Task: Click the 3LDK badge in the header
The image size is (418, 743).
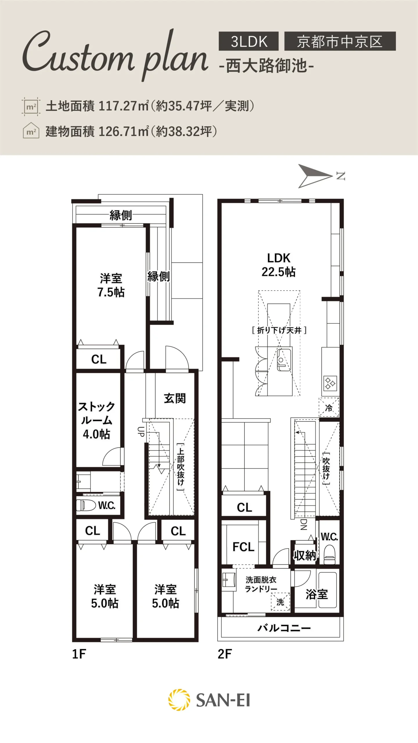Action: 248,41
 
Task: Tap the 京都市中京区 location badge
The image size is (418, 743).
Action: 340,41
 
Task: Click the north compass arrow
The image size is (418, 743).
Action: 315,176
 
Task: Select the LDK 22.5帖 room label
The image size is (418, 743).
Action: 279,265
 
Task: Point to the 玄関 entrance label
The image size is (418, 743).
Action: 175,398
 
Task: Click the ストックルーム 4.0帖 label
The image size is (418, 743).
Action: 96,420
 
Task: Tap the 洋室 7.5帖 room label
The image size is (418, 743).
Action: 111,285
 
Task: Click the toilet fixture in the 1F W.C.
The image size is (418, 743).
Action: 86,505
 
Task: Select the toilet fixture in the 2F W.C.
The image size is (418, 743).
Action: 329,554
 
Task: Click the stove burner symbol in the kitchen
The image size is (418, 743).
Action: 330,383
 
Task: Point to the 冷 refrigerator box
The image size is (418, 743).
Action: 329,407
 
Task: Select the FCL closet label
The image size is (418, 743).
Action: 243,547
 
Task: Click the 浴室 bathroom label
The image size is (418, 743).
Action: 317,594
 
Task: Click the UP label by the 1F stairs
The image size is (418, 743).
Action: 141,432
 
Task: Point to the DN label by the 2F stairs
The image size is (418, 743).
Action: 303,524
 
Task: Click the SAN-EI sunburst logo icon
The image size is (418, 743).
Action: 179,700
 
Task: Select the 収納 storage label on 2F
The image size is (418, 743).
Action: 305,556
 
